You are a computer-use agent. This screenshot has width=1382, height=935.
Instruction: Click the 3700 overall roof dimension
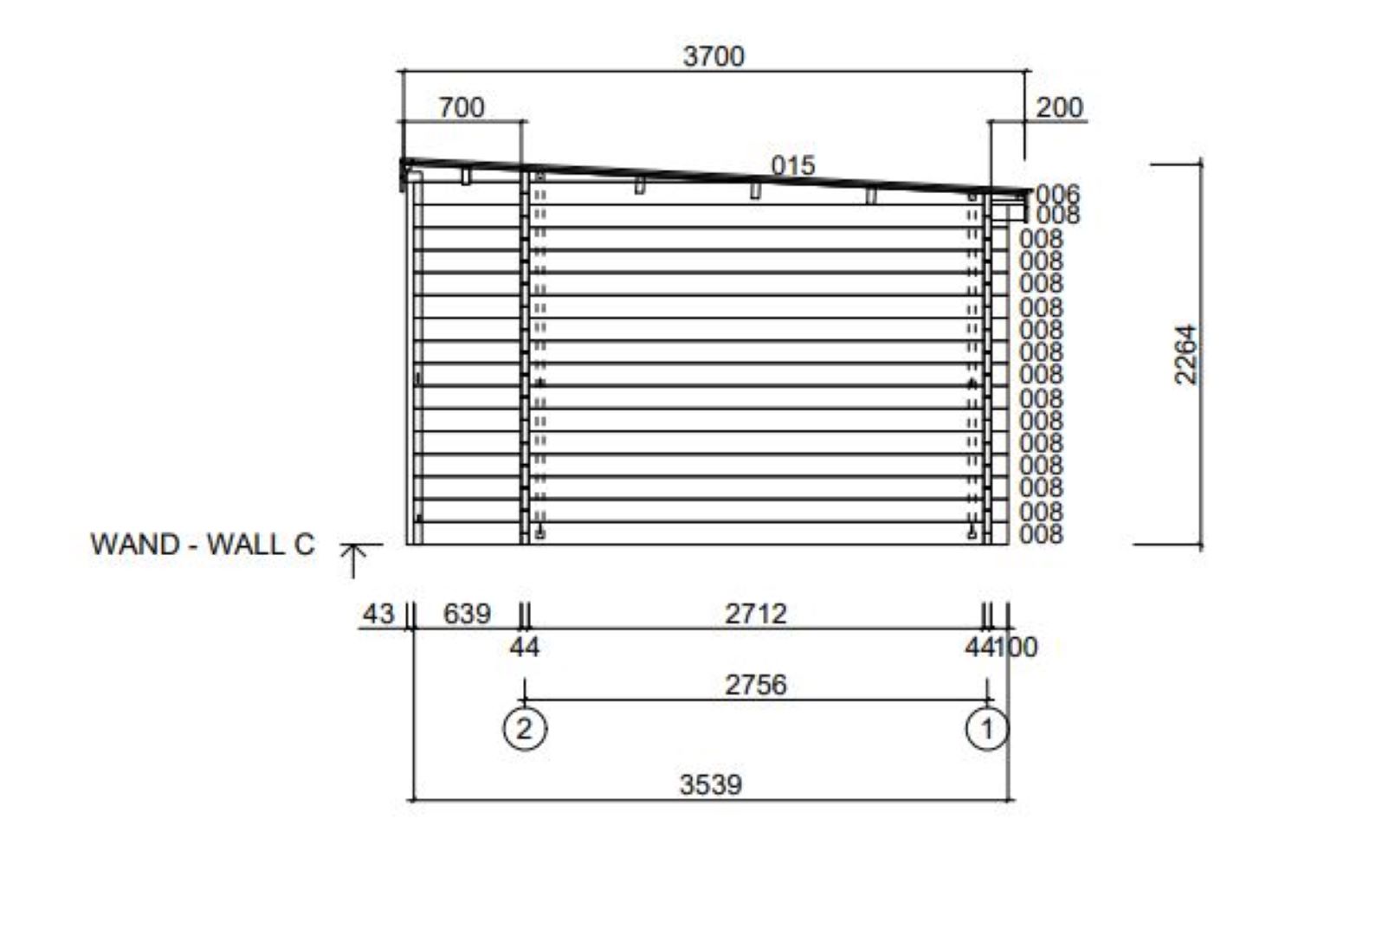(714, 57)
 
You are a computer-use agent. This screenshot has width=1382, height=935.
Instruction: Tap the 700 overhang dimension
(462, 108)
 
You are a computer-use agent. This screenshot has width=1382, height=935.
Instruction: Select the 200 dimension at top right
(1059, 108)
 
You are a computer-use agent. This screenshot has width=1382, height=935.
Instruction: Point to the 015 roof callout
(793, 165)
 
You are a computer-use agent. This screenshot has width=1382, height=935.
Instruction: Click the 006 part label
(1058, 194)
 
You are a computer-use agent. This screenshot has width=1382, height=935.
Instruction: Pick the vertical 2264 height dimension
(1185, 355)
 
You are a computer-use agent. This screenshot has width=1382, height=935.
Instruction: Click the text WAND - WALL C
(203, 545)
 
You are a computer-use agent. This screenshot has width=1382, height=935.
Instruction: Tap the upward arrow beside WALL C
(353, 561)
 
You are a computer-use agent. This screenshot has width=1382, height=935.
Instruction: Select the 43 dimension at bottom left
(378, 614)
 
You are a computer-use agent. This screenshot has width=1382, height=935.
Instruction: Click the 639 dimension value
(467, 614)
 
